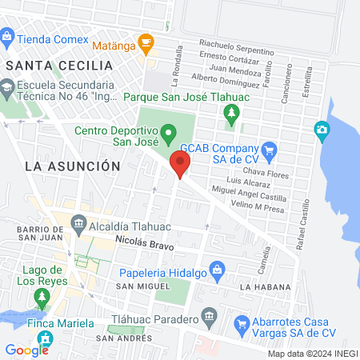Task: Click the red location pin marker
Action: pyautogui.click(x=180, y=165)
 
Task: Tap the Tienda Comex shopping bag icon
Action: pyautogui.click(x=8, y=36)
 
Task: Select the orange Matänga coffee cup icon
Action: pyautogui.click(x=145, y=41)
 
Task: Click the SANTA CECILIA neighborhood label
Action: pyautogui.click(x=58, y=65)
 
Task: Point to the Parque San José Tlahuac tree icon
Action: pyautogui.click(x=232, y=115)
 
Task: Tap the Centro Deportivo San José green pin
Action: pyautogui.click(x=168, y=132)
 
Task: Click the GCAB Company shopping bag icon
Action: pyautogui.click(x=269, y=149)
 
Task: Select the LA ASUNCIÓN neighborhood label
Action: pyautogui.click(x=72, y=166)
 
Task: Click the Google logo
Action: pyautogui.click(x=26, y=350)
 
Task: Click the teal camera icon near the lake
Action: pyautogui.click(x=322, y=130)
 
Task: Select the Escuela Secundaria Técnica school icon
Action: pyautogui.click(x=8, y=86)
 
